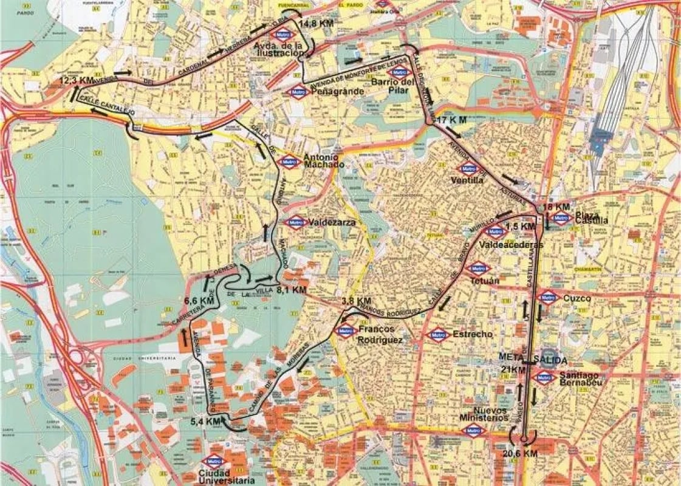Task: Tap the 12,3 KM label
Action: (77, 80)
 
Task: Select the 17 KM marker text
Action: (451, 120)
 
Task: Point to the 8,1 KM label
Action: (292, 290)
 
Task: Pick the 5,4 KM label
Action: (205, 421)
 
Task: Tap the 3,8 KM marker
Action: (356, 301)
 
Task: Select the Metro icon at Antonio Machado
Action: (289, 162)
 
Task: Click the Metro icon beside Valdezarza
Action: (295, 222)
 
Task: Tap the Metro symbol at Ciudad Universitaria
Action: (213, 461)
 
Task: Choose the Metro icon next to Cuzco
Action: (548, 298)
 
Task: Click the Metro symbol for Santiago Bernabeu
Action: (544, 378)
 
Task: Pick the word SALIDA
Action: (550, 360)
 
